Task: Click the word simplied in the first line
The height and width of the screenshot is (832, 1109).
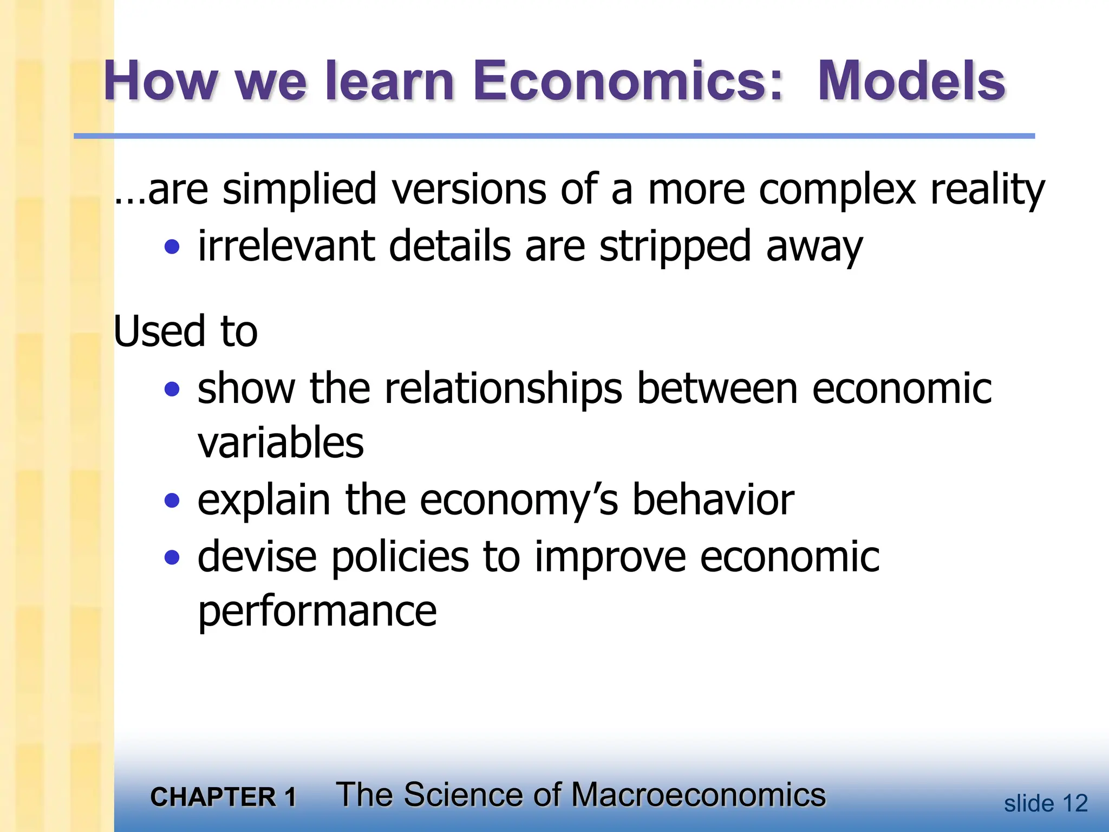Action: [299, 190]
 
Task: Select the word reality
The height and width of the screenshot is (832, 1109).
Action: [987, 190]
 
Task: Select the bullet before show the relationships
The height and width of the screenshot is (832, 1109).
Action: [172, 389]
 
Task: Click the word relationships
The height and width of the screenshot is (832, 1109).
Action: [503, 389]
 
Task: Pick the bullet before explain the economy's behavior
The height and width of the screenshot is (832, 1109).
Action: [172, 500]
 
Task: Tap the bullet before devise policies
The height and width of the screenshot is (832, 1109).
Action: [172, 557]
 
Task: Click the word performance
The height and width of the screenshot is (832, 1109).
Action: [317, 612]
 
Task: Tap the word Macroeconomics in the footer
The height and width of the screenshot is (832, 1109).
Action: [698, 795]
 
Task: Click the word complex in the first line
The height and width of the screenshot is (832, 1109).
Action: [837, 190]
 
